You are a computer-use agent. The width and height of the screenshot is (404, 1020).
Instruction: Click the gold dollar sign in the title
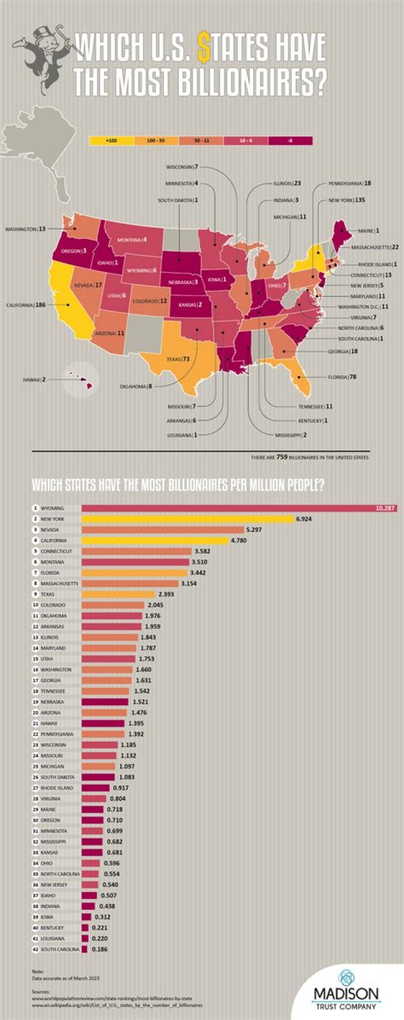coord(205,48)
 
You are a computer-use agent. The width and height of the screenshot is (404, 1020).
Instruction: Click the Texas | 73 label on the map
coord(177,358)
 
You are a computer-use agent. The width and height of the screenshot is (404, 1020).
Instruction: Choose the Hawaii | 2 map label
coord(34,380)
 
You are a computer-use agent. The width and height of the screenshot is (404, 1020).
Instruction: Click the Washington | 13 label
coord(25,229)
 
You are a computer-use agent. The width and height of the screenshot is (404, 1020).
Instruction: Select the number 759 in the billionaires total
coord(282,457)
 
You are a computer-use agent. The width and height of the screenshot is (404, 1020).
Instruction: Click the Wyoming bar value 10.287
coord(385,509)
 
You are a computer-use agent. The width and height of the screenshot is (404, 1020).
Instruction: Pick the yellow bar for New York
coord(188,519)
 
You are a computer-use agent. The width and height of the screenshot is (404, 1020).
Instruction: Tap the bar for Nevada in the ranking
coord(163,530)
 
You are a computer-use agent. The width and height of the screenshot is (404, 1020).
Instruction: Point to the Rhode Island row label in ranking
coord(57,788)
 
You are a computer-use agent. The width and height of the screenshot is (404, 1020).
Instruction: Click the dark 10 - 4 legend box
coord(246,141)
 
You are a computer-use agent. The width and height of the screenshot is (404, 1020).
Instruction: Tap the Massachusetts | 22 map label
coord(375,247)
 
